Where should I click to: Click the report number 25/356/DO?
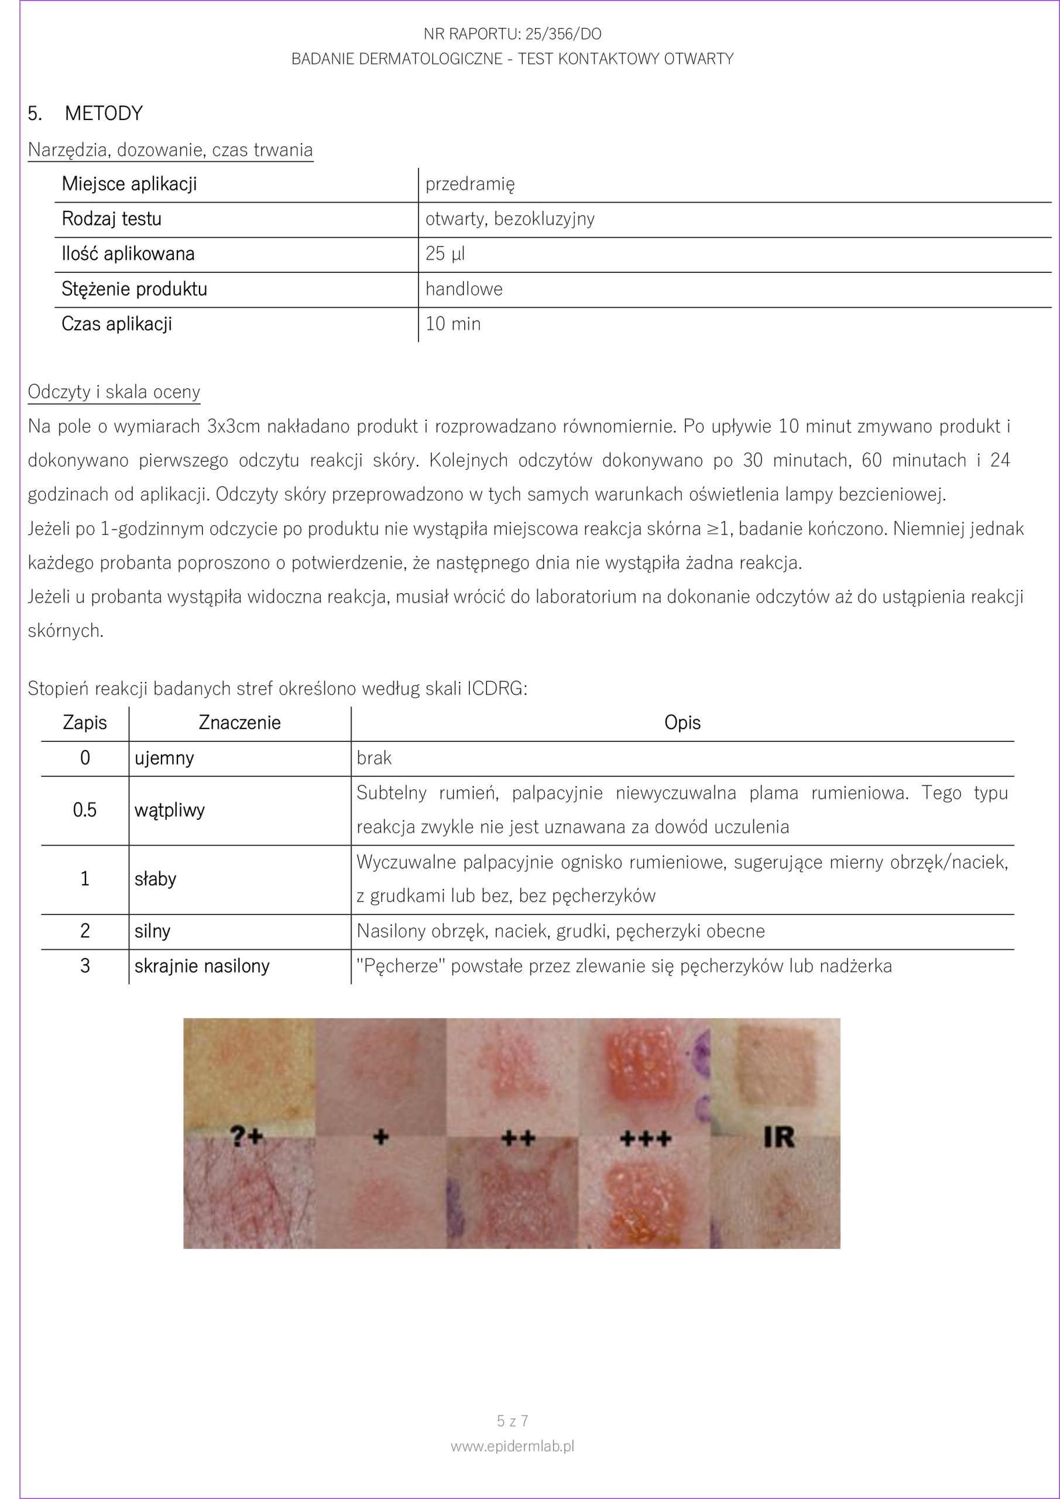click(x=563, y=34)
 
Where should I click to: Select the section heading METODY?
click(x=103, y=114)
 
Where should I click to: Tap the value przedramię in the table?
click(x=470, y=184)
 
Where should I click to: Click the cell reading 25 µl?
click(x=445, y=254)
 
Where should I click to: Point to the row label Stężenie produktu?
click(x=134, y=289)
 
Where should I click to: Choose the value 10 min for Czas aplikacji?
click(x=453, y=324)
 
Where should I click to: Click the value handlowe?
click(x=464, y=289)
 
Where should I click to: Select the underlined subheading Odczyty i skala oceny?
click(x=114, y=392)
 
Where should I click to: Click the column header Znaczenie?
click(x=239, y=723)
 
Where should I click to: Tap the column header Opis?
click(x=682, y=723)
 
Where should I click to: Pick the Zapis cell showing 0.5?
click(x=85, y=810)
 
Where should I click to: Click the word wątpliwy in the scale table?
click(x=170, y=810)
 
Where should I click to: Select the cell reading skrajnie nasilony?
click(x=202, y=966)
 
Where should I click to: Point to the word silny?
click(x=152, y=931)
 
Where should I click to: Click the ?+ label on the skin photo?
click(x=248, y=1137)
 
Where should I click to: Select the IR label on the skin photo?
click(x=778, y=1137)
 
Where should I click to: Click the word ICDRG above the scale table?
click(x=494, y=689)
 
